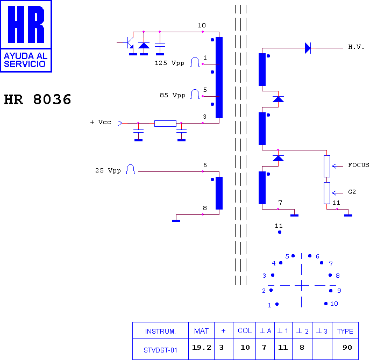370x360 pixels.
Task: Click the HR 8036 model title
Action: tap(38, 99)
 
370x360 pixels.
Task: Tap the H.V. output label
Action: tap(356, 47)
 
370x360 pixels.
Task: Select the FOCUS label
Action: tap(359, 165)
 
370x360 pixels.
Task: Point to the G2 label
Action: tap(352, 192)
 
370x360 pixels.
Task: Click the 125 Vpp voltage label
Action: tap(169, 63)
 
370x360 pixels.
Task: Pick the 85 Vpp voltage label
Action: tap(173, 95)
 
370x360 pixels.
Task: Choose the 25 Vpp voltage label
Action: tap(108, 170)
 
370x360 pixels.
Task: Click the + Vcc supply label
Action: tap(101, 122)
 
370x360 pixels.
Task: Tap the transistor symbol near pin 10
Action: tap(127, 43)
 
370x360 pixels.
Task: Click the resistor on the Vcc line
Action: tap(165, 123)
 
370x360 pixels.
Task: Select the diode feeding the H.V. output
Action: tap(308, 48)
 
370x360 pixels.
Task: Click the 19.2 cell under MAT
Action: tap(202, 347)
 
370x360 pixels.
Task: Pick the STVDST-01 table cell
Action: tap(160, 350)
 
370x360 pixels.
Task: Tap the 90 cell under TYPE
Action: tap(347, 347)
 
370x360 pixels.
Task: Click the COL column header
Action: tap(245, 331)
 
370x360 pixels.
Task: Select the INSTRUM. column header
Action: tap(160, 332)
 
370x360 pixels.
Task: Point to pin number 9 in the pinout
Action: tap(339, 291)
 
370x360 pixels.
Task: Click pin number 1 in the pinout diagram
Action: tap(269, 305)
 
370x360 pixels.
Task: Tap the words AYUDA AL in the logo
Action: tap(25, 56)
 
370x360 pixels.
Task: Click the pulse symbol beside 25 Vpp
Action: tap(130, 169)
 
